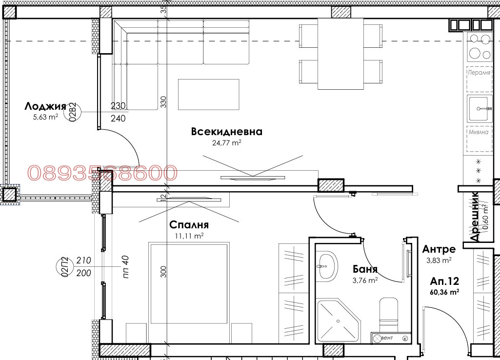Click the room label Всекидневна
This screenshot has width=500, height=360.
click(x=227, y=132)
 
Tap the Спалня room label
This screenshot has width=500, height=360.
click(x=189, y=225)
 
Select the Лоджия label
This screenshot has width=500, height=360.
click(x=45, y=106)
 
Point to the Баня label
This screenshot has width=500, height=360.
click(x=365, y=269)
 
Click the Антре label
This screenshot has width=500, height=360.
click(x=439, y=250)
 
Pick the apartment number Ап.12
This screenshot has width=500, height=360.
click(x=445, y=281)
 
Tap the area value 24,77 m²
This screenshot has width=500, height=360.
click(x=227, y=143)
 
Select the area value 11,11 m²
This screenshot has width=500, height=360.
click(x=189, y=235)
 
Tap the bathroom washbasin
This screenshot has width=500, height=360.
click(x=326, y=266)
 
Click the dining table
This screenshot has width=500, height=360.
click(x=341, y=54)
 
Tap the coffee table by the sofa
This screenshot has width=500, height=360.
click(x=209, y=95)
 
